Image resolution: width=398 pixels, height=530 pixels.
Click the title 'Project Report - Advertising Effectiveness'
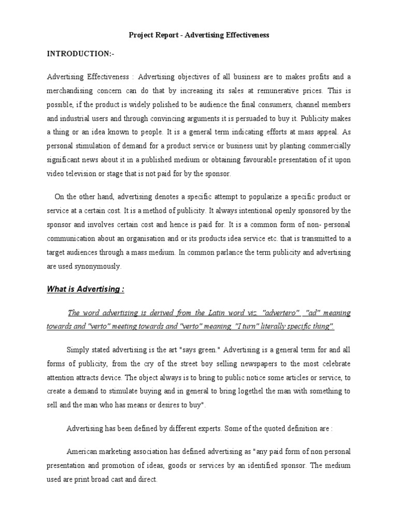coord(199,35)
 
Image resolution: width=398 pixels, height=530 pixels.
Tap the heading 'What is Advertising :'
coord(86,289)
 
